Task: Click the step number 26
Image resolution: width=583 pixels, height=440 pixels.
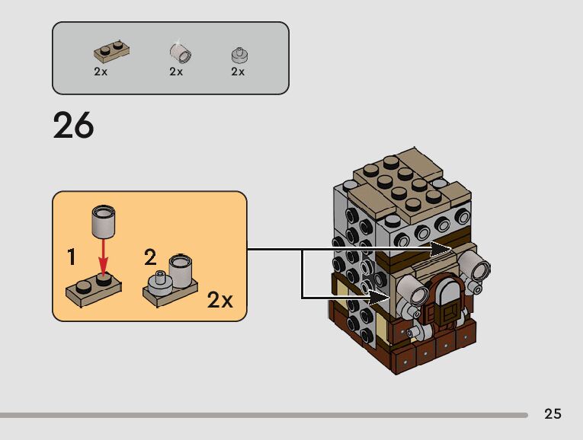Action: tap(73, 125)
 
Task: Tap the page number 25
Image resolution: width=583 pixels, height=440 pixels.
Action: tap(553, 414)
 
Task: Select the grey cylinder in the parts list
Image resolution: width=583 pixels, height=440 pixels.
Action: tap(180, 53)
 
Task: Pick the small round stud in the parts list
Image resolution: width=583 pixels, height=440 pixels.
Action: tap(239, 55)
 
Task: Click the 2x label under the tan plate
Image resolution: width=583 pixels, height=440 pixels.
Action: tap(101, 72)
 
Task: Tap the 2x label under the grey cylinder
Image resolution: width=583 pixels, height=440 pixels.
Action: tap(176, 72)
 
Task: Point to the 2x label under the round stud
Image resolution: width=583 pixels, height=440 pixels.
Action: tap(238, 72)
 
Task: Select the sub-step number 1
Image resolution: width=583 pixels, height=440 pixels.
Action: tap(72, 257)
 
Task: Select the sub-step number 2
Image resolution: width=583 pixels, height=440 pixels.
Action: tap(151, 257)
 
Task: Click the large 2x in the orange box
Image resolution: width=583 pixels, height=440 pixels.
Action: tap(220, 300)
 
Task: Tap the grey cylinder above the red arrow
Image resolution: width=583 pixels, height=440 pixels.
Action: tap(102, 222)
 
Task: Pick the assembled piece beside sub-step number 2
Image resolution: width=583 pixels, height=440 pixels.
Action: tap(172, 280)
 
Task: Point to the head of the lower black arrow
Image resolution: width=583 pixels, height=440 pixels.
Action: tap(381, 295)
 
